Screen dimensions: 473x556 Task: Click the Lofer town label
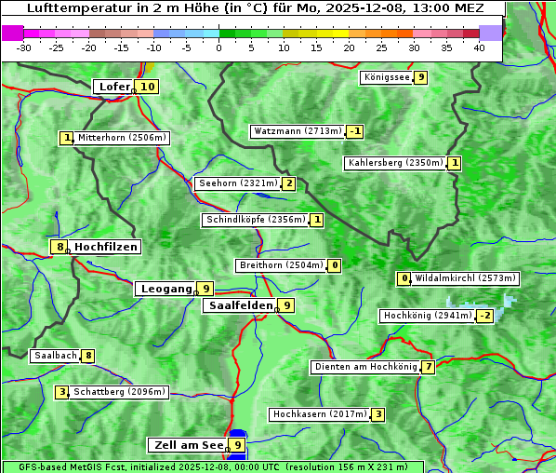click(113, 87)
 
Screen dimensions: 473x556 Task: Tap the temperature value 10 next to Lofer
click(147, 87)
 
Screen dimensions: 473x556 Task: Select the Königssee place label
click(387, 77)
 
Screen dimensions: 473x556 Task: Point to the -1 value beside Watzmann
click(354, 131)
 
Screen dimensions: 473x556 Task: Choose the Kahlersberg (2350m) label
click(395, 163)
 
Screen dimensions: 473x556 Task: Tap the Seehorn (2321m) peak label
click(238, 183)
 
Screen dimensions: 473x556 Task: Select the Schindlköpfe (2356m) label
click(255, 220)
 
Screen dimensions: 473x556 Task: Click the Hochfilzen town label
click(106, 247)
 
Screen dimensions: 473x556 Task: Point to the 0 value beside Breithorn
click(335, 265)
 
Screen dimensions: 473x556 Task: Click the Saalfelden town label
click(240, 305)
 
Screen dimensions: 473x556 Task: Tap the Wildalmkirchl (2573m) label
click(465, 278)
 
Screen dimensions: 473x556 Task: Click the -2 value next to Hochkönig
click(484, 316)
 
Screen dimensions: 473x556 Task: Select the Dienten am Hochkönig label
click(364, 367)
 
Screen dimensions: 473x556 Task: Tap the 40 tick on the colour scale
click(479, 47)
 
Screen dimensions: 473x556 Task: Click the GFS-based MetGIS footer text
click(212, 466)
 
